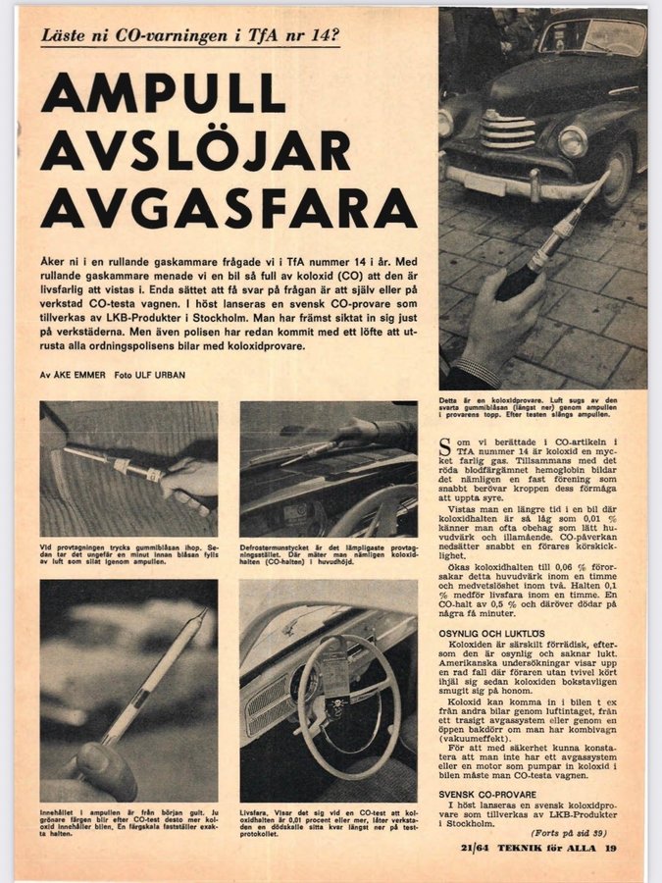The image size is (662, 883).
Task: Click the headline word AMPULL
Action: pyautogui.click(x=163, y=94)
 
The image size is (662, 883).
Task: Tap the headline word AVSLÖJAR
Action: pyautogui.click(x=195, y=151)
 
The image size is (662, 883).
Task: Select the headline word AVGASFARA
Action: pyautogui.click(x=229, y=208)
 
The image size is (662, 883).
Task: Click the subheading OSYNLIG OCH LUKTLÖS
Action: pyautogui.click(x=490, y=633)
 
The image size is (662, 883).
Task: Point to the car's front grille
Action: pyautogui.click(x=507, y=131)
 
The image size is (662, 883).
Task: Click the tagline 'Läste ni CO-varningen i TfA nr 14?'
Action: pyautogui.click(x=189, y=37)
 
